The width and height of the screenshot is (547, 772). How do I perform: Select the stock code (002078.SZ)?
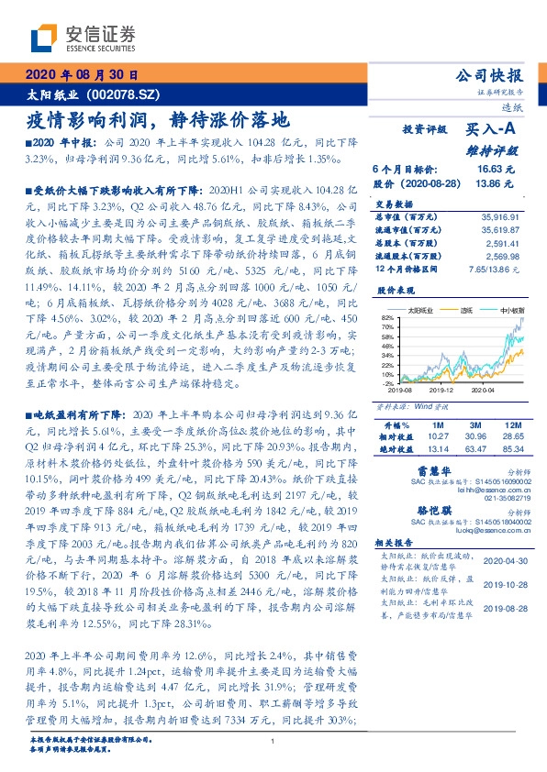125,94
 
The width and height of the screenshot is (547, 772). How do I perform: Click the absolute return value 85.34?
511,449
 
